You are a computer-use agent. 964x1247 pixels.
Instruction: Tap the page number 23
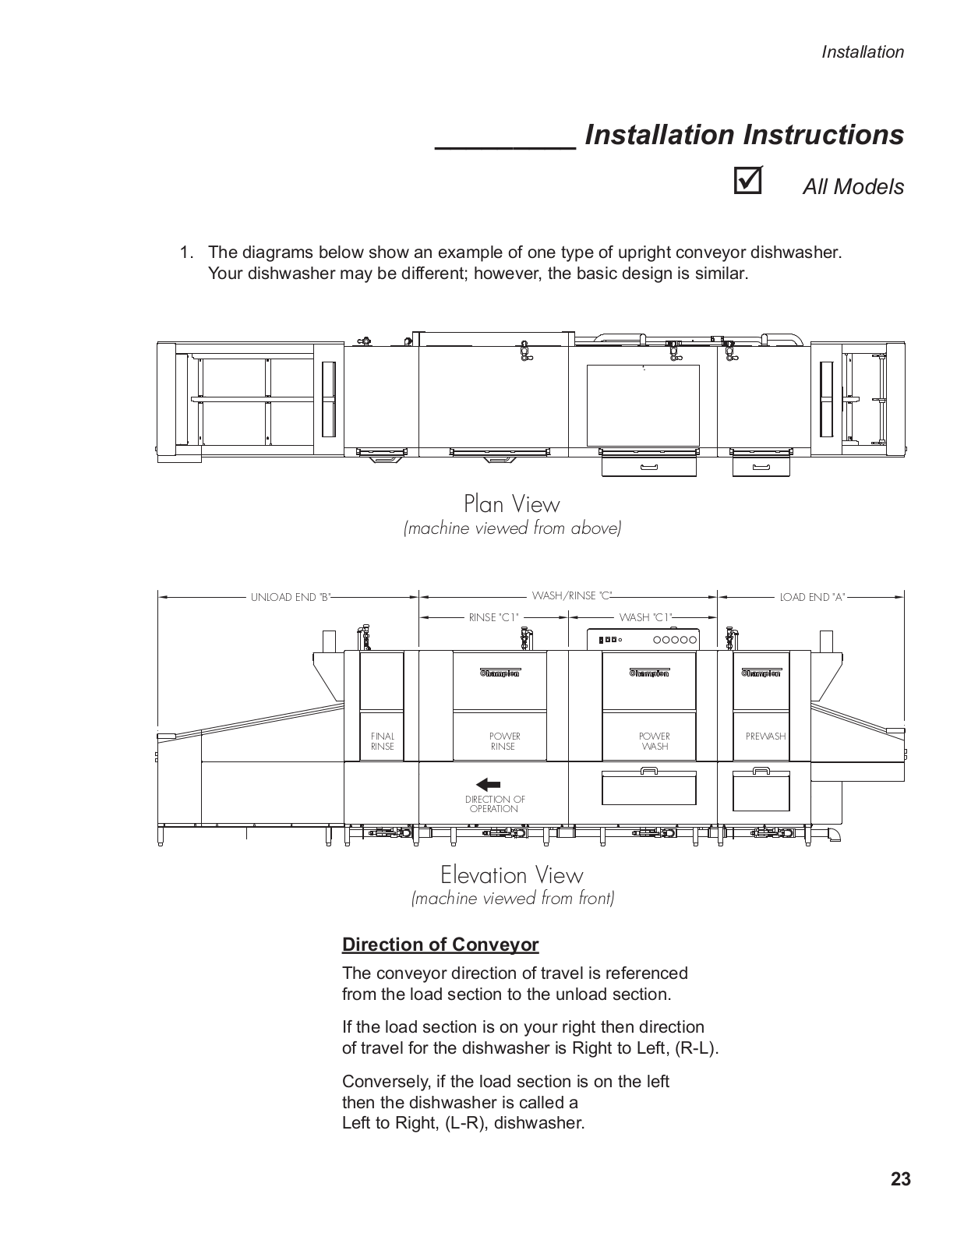(x=900, y=1179)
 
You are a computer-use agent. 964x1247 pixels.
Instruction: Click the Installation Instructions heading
(x=743, y=135)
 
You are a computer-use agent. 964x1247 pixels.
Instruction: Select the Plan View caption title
(x=511, y=503)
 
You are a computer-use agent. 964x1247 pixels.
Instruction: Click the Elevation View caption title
(x=511, y=874)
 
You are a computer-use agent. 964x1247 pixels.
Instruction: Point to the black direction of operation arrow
(x=488, y=784)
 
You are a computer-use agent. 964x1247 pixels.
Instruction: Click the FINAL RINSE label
(x=383, y=741)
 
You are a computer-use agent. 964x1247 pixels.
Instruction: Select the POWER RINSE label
(x=504, y=741)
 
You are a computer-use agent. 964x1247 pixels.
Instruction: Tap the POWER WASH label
(x=655, y=741)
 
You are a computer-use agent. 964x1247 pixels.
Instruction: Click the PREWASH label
(x=765, y=736)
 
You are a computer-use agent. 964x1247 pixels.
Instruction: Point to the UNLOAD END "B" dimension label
(x=291, y=598)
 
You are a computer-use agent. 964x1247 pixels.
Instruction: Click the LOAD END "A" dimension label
(x=812, y=598)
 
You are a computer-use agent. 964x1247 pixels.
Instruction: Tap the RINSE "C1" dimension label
(x=493, y=617)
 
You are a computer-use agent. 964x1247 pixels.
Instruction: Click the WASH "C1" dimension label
(x=645, y=617)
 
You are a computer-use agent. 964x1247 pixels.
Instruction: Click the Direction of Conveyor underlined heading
(x=440, y=945)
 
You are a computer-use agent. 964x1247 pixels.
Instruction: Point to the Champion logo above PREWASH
(x=761, y=673)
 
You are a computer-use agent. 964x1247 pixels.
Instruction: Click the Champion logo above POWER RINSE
(x=499, y=673)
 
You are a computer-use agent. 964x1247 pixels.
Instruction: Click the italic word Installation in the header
(x=863, y=52)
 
